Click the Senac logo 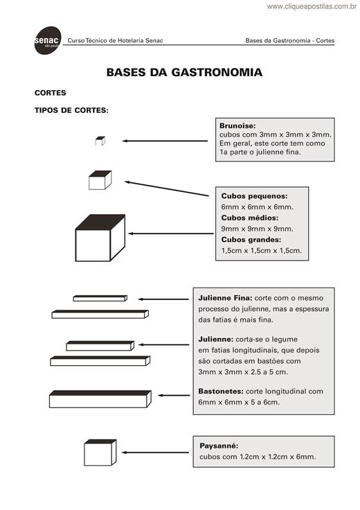tap(48, 41)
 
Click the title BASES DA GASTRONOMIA tap(184, 72)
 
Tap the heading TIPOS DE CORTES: tap(71, 110)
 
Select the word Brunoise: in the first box tap(237, 125)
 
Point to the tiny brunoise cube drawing tap(100, 141)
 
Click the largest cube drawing tap(100, 238)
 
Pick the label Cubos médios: tap(249, 218)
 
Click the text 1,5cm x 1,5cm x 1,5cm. tap(262, 250)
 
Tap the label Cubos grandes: tap(251, 239)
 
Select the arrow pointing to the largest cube tap(171, 234)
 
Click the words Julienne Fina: tap(225, 298)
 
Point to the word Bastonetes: tap(221, 392)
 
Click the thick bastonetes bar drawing tap(100, 399)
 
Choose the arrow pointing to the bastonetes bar tap(174, 396)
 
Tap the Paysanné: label tap(219, 446)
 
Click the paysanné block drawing tap(100, 452)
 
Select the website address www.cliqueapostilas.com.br tap(312, 6)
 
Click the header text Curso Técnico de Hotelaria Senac tap(116, 41)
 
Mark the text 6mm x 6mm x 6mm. tap(258, 207)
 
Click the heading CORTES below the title tap(51, 93)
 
